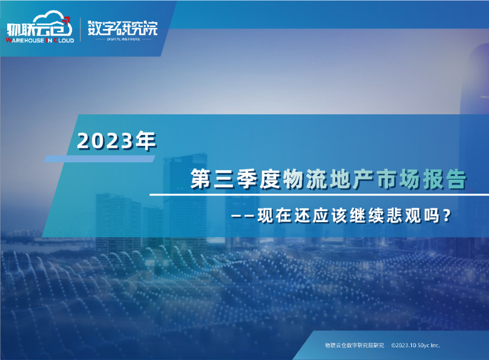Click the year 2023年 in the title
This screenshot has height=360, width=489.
(117, 141)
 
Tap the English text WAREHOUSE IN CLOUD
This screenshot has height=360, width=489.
(39, 39)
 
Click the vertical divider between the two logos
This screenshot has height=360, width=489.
(80, 29)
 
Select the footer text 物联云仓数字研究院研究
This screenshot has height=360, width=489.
(355, 345)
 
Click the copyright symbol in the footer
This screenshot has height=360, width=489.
(393, 345)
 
